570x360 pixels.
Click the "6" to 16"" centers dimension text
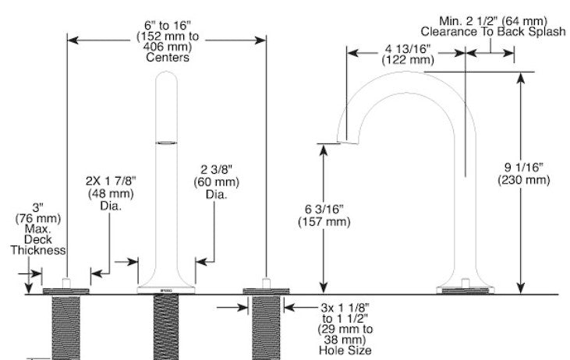pos(167,26)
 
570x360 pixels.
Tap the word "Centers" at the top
pos(168,58)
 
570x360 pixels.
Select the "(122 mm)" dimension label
pos(408,59)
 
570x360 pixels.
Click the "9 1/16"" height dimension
pos(523,168)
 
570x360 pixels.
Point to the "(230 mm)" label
pos(523,180)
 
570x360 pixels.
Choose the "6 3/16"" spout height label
pos(324,210)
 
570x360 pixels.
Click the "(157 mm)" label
pos(324,221)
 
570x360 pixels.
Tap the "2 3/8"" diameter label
pos(216,169)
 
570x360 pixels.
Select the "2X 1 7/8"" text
pos(111,181)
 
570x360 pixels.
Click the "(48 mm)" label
pos(111,193)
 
